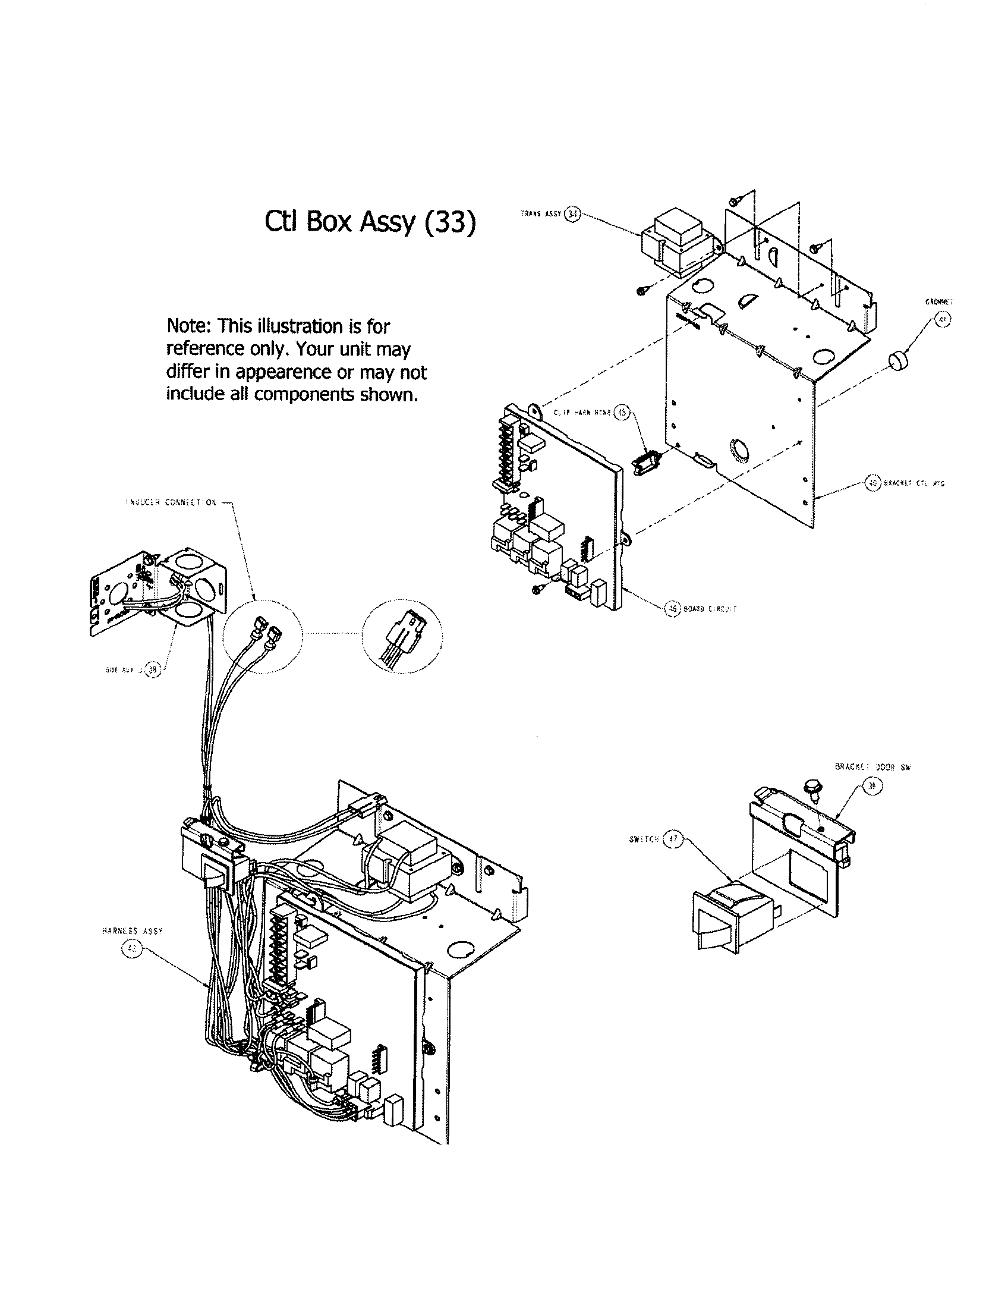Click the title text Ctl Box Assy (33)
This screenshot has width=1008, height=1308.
pos(370,222)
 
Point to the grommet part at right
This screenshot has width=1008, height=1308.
pos(897,361)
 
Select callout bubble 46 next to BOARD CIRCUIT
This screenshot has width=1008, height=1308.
pos(673,608)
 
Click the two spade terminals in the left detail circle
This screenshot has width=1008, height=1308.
pos(267,632)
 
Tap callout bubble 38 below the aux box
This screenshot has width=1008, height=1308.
pos(152,670)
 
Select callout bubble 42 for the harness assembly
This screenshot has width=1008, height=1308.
pos(131,949)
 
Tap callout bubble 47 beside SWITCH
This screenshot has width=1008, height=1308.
pos(673,839)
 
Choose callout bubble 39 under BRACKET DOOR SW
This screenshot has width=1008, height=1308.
pos(872,789)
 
